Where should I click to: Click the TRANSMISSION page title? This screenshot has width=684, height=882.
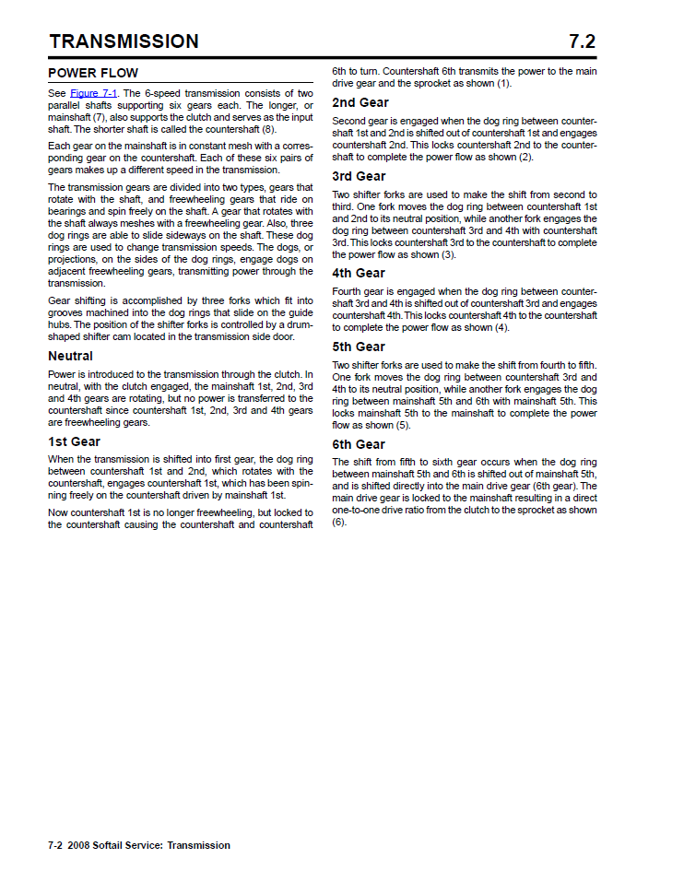124,41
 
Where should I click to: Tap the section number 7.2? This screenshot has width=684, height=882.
583,41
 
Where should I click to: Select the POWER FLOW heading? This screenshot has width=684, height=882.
93,73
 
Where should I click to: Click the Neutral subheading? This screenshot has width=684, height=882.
70,356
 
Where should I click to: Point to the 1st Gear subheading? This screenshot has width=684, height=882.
74,441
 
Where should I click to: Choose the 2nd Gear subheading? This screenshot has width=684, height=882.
360,102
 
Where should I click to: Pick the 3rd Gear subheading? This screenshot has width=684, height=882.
359,176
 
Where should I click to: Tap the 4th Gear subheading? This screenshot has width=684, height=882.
359,273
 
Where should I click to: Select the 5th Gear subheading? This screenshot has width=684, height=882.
359,347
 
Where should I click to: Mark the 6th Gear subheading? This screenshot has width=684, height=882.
359,444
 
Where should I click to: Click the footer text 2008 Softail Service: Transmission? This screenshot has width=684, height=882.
152,845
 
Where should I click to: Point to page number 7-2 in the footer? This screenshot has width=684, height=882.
57,845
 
